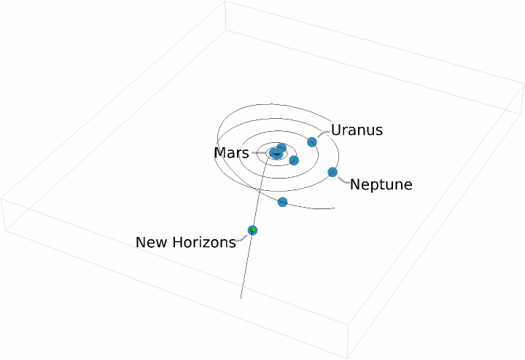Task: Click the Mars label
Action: tap(231, 153)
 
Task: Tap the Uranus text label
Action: tap(357, 130)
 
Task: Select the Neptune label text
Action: tap(381, 184)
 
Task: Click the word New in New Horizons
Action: tap(152, 242)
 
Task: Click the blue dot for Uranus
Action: tap(312, 141)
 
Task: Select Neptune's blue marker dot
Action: tap(332, 172)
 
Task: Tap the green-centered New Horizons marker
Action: tap(252, 230)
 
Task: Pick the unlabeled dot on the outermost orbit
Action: tap(282, 201)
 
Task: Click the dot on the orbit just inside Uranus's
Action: tap(294, 160)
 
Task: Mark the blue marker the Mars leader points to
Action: tap(275, 153)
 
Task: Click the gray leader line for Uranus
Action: tap(322, 134)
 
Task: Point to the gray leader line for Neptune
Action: tap(343, 179)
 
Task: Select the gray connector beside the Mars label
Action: tap(260, 153)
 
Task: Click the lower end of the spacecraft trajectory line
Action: tap(241, 298)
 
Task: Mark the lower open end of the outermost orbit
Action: tap(333, 208)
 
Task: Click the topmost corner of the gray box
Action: tap(225, 1)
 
